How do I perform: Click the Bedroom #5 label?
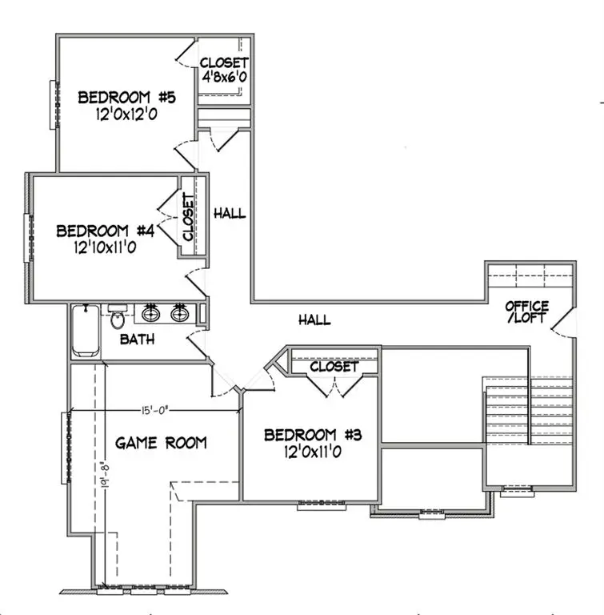tap(126, 98)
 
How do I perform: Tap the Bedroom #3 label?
tap(314, 435)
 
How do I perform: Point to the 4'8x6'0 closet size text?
tap(224, 79)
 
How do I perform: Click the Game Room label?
tap(161, 442)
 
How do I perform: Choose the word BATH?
tap(137, 340)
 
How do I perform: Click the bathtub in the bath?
tap(83, 332)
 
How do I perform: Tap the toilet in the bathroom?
tap(118, 318)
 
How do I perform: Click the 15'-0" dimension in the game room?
tap(155, 411)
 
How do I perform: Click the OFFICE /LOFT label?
tap(527, 312)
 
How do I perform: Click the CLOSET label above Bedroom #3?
tap(334, 366)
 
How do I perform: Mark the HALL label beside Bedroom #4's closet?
tap(230, 214)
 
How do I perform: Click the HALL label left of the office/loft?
tap(314, 320)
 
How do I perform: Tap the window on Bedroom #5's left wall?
tap(54, 104)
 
